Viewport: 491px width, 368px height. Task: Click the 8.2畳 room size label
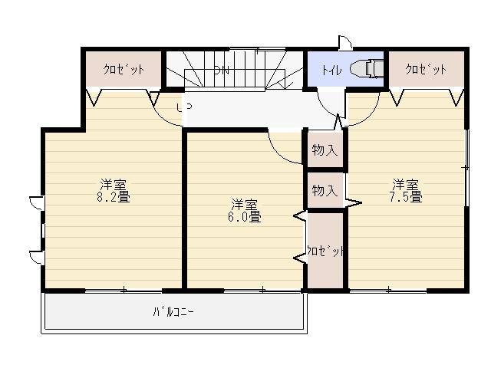[x=113, y=197]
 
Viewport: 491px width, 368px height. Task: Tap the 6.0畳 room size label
[x=245, y=217]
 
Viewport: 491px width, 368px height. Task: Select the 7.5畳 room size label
[x=405, y=197]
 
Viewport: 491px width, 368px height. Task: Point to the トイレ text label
[x=331, y=71]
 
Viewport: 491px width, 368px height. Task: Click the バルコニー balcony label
[x=173, y=312]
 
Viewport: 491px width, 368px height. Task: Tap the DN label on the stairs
[x=222, y=71]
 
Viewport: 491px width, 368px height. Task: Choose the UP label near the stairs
[x=184, y=108]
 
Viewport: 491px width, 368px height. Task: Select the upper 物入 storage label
[x=325, y=150]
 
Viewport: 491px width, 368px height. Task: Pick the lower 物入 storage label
[x=325, y=190]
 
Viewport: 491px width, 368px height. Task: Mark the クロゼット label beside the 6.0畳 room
[x=325, y=251]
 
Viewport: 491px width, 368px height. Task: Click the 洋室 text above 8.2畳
[x=113, y=185]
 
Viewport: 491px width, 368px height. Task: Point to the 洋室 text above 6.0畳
[x=245, y=205]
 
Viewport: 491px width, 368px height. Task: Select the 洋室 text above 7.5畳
[x=405, y=185]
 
